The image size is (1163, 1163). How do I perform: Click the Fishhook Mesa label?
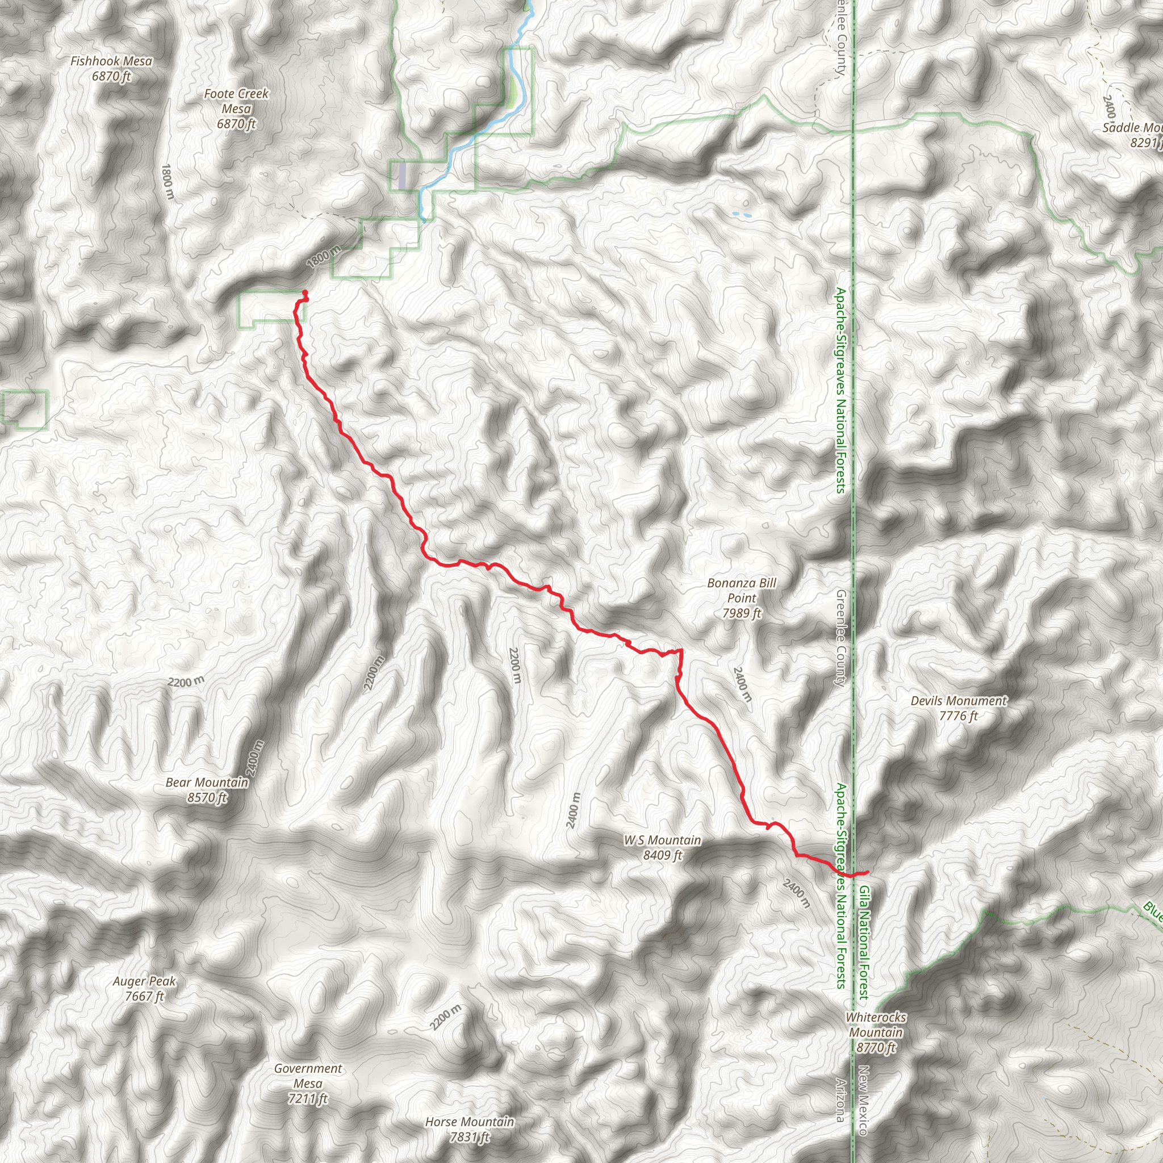click(x=111, y=61)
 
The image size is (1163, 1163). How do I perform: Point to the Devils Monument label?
click(x=959, y=701)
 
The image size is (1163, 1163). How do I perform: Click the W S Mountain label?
click(x=662, y=840)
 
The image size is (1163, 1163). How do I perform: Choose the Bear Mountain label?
click(x=207, y=783)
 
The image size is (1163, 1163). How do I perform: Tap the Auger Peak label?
click(x=144, y=981)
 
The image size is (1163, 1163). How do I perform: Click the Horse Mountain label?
click(x=470, y=1122)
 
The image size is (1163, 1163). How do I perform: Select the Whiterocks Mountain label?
click(x=876, y=1024)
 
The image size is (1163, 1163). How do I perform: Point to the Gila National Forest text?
click(x=864, y=942)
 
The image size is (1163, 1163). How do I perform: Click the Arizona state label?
click(x=840, y=1101)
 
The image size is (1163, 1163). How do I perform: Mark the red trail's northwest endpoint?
click(x=304, y=292)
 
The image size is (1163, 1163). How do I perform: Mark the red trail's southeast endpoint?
click(x=867, y=872)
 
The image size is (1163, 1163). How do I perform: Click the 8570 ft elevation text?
click(x=207, y=798)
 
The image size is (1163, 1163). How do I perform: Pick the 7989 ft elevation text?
click(x=742, y=613)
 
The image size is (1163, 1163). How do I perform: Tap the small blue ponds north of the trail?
click(x=741, y=214)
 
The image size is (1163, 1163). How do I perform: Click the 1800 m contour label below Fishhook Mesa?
click(x=168, y=182)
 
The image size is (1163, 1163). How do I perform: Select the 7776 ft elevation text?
click(x=959, y=716)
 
